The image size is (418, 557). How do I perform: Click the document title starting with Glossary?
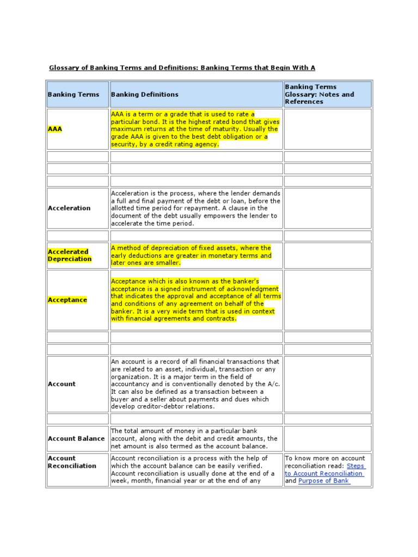point(182,68)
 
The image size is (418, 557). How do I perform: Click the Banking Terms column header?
point(73,95)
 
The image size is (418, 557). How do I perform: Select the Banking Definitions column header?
point(144,95)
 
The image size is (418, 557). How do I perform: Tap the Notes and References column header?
point(319,94)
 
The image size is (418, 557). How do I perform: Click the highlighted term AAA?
point(55,129)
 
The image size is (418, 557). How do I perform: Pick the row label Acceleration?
point(69,208)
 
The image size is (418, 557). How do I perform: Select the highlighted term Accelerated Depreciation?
point(70,256)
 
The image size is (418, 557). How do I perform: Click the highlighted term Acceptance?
point(67,300)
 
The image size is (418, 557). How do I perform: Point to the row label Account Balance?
point(76,439)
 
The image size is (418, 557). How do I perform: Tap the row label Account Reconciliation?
point(72,462)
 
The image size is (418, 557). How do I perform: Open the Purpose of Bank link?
point(324,481)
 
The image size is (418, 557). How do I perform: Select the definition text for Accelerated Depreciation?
point(190,256)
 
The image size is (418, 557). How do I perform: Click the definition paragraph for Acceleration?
point(195,208)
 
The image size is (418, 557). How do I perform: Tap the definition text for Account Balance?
point(194,439)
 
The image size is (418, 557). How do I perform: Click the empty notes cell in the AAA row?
point(328,129)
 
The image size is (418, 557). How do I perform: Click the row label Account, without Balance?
point(62,384)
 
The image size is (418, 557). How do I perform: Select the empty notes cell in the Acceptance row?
point(328,300)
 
